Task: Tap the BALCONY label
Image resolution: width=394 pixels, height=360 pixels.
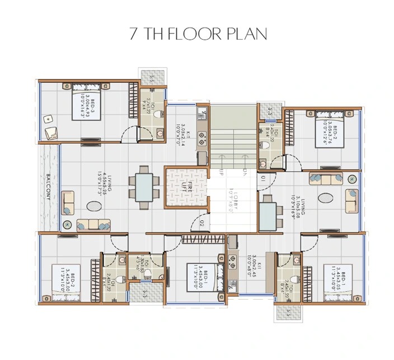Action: click(49, 188)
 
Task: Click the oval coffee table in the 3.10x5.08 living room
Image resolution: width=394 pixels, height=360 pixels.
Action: click(326, 198)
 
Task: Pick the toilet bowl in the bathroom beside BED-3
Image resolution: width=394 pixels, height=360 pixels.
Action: click(161, 115)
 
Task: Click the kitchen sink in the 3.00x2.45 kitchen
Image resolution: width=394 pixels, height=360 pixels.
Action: click(231, 260)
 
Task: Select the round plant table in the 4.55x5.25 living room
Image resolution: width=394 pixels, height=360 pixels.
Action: click(67, 225)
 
